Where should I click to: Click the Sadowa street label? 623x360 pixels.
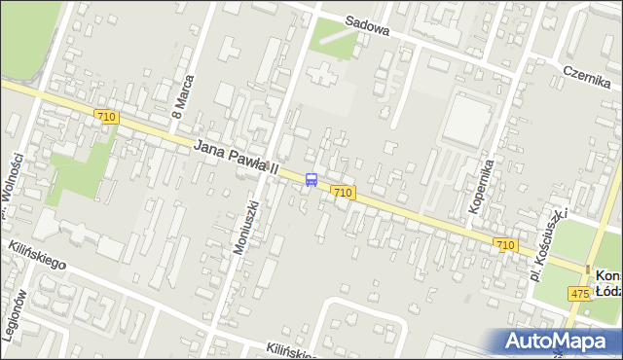click(x=367, y=29)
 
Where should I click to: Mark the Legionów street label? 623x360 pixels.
click(x=13, y=316)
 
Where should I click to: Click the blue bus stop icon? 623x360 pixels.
click(x=311, y=179)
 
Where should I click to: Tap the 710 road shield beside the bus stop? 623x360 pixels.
click(x=342, y=193)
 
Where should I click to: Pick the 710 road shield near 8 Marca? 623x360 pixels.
click(x=107, y=117)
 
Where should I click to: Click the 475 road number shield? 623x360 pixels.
click(x=580, y=294)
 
